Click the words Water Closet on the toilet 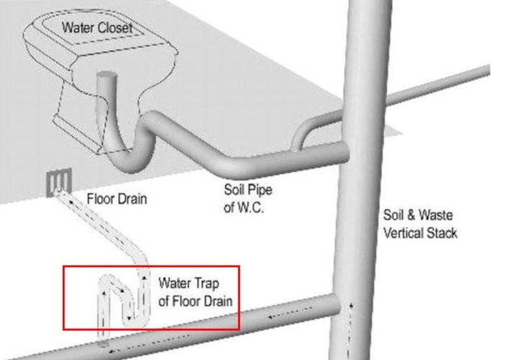98,28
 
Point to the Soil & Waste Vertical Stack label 419,224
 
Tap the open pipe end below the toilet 107,81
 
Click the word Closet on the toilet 116,28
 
